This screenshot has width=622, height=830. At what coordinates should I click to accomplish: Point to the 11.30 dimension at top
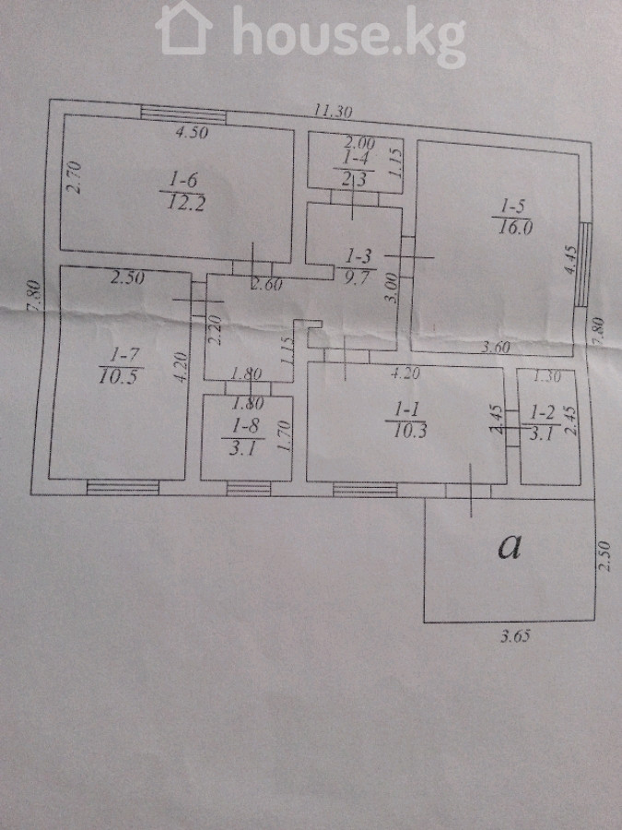tap(333, 112)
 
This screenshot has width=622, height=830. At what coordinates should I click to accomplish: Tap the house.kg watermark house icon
tap(184, 30)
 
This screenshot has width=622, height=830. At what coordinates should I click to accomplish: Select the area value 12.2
tap(185, 203)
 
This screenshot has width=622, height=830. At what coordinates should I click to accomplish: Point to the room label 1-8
tap(244, 427)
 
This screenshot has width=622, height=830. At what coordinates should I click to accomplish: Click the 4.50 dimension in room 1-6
tap(194, 133)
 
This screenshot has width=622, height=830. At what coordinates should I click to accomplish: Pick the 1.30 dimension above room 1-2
tap(547, 375)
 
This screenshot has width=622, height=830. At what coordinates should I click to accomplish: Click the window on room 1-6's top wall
tap(182, 114)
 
